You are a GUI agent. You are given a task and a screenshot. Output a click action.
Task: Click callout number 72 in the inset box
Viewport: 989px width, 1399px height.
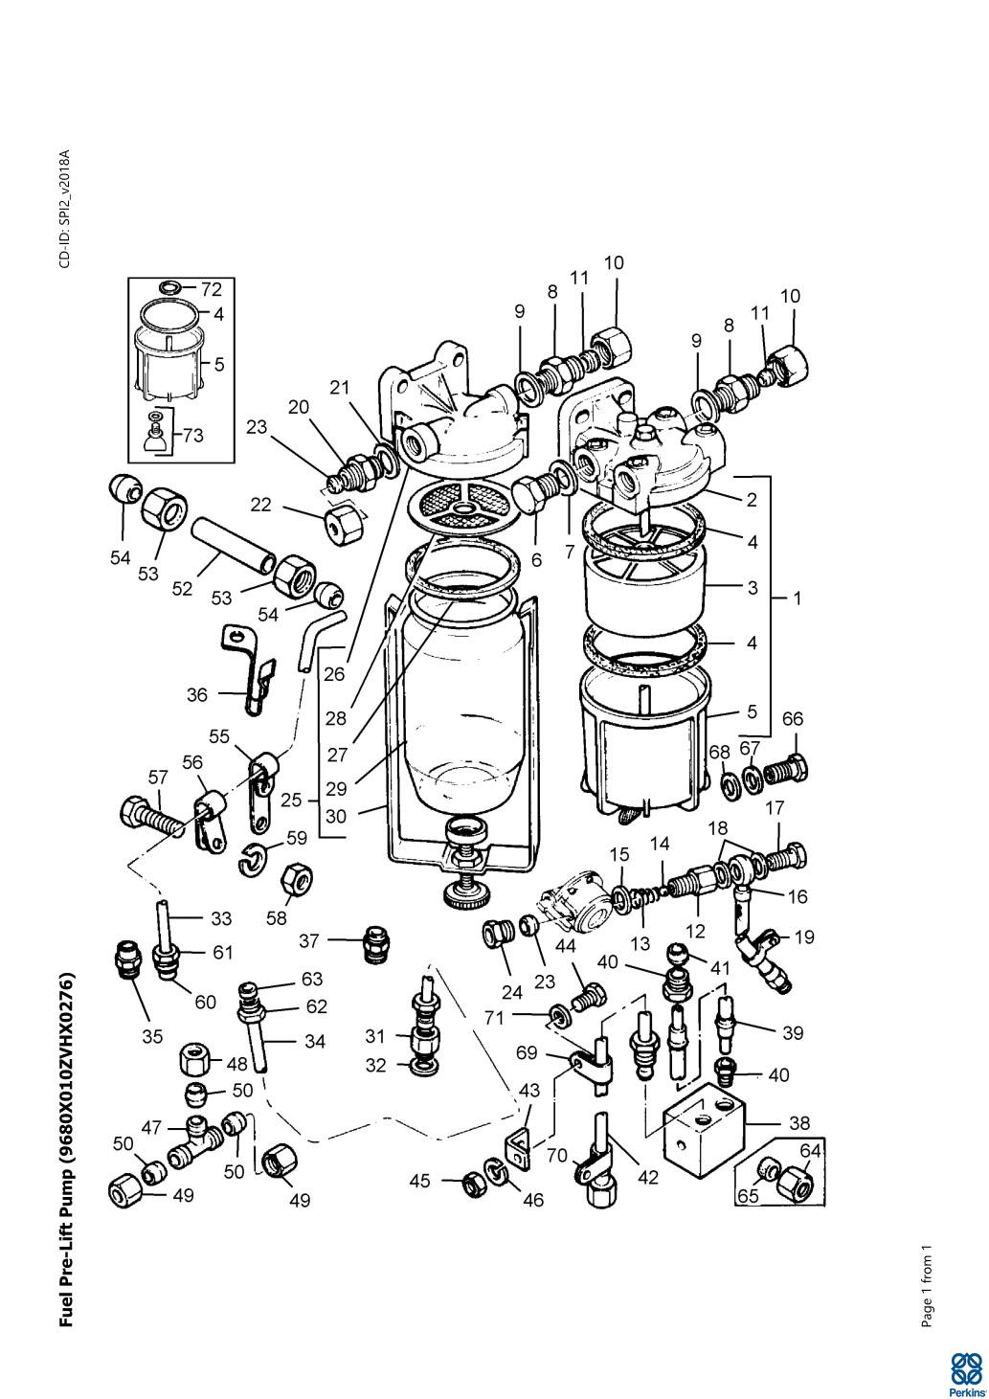tap(211, 290)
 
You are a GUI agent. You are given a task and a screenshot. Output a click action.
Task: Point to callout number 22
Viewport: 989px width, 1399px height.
tap(261, 504)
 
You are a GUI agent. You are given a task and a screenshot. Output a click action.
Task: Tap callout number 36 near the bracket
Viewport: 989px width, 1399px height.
tap(197, 694)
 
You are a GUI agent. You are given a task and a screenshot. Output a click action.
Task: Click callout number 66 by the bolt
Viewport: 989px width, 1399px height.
tap(793, 719)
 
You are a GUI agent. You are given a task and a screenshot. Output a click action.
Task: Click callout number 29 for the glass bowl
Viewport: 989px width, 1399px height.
tap(336, 789)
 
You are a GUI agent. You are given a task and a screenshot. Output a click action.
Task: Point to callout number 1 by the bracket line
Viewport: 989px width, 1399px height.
tap(797, 598)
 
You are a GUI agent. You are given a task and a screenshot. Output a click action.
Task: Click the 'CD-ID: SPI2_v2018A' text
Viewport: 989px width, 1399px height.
tap(65, 209)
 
